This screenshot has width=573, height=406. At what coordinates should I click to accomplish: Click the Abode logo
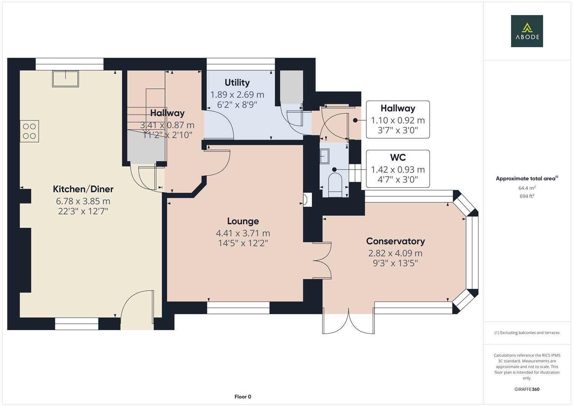[x=526, y=31]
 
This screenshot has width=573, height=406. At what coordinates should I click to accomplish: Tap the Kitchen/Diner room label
[x=83, y=189]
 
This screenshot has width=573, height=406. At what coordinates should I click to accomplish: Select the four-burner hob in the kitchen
[x=29, y=131]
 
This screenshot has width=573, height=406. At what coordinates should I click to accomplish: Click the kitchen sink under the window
[x=66, y=79]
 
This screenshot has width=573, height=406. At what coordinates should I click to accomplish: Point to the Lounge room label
[x=243, y=221]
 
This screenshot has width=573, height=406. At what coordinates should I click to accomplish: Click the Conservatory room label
[x=395, y=241]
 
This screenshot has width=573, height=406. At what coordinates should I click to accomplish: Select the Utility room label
[x=237, y=83]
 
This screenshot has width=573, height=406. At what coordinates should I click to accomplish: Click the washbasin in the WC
[x=324, y=156]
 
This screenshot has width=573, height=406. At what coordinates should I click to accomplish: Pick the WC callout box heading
[x=398, y=158]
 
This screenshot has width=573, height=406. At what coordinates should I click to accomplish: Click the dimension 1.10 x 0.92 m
[x=398, y=121]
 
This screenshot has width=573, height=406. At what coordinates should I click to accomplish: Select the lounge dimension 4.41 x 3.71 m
[x=243, y=233]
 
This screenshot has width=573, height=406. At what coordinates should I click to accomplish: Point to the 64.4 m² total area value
[x=526, y=188]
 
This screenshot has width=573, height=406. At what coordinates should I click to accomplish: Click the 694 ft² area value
[x=526, y=196]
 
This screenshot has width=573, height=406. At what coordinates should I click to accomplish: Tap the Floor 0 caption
[x=243, y=397]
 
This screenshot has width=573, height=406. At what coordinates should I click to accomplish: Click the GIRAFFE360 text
[x=526, y=389]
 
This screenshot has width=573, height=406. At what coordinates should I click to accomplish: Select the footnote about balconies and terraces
[x=526, y=333]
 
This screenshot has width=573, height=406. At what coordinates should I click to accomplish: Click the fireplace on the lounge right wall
[x=307, y=200]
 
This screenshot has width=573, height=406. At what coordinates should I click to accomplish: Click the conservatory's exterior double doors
[x=348, y=323]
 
